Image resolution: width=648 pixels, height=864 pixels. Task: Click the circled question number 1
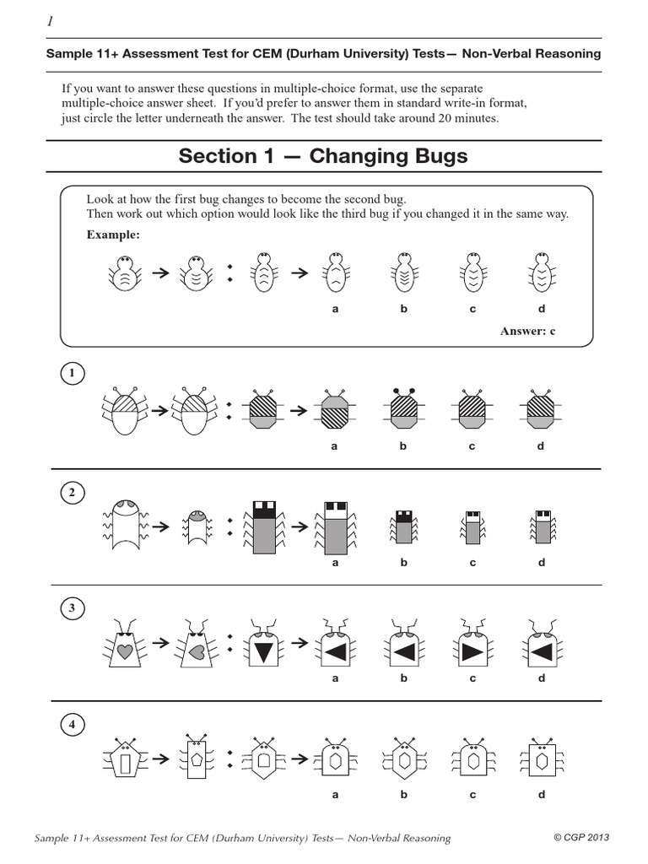pos(73,373)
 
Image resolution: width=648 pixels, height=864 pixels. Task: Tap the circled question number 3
pos(73,607)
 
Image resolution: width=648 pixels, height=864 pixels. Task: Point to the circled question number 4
pos(73,724)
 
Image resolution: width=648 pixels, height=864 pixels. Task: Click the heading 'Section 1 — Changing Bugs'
pos(323,156)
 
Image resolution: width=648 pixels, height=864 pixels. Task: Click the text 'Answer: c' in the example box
pos(527,331)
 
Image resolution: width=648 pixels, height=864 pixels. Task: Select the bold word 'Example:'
pos(113,235)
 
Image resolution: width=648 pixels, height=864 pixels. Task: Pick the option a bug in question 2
pos(335,527)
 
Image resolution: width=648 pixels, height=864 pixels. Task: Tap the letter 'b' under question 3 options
pos(403,678)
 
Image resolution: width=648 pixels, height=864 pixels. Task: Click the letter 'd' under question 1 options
pos(541,446)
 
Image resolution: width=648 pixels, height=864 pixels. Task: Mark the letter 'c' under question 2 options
pos(472,563)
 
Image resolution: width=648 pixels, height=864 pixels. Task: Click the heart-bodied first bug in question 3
pos(125,648)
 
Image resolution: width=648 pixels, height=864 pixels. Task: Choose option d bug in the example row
pos(541,273)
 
